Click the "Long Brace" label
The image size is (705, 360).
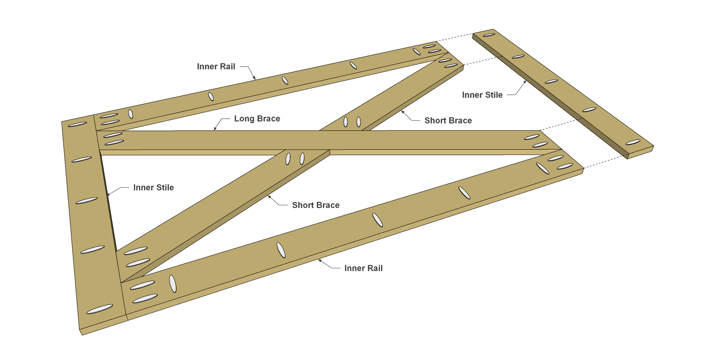pos(257,119)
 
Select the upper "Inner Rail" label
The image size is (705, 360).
pos(216,67)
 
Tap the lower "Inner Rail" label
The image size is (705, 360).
pos(363,268)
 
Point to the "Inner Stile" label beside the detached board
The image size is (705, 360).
pos(482,95)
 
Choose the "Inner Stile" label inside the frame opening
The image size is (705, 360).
pos(154,188)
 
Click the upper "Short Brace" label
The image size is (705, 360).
pos(448,121)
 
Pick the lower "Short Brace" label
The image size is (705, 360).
pos(316,205)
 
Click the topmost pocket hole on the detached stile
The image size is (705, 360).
pos(489,35)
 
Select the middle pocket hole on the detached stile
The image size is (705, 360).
pos(551,81)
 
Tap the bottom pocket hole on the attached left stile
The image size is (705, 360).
pos(99,309)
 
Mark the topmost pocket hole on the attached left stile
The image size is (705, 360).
pos(78,125)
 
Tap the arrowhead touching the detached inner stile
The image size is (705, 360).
pos(524,82)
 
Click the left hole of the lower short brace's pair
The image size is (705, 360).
pos(288,159)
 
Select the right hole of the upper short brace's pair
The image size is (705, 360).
pos(358,122)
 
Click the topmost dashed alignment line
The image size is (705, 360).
pos(455,38)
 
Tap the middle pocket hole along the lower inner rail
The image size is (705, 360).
pos(378,220)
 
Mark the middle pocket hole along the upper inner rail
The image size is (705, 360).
pos(285,80)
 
